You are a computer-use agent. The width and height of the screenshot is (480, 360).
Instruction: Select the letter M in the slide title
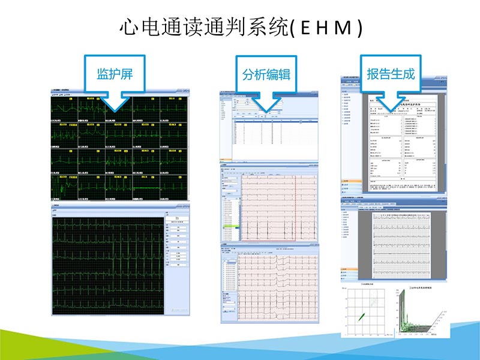[x=342, y=28]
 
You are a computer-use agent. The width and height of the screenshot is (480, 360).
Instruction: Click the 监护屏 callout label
[x=115, y=74]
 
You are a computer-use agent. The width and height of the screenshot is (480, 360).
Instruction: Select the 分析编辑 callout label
[x=266, y=75]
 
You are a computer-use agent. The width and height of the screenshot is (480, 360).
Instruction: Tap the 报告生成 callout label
[x=391, y=74]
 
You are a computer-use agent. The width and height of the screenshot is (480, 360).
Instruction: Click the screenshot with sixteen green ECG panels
[x=119, y=146]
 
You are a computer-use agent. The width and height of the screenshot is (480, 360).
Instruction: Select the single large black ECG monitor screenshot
[x=108, y=264]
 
